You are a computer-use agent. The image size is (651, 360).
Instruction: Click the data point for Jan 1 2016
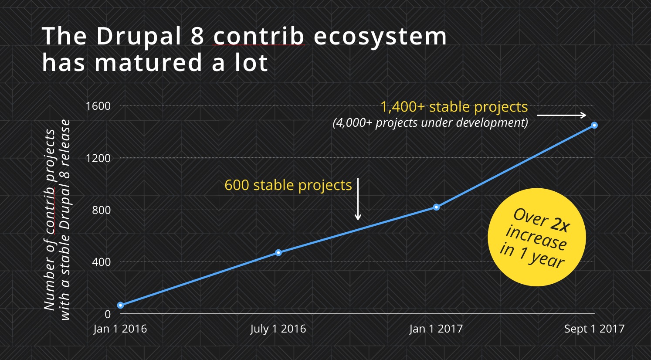(x=121, y=305)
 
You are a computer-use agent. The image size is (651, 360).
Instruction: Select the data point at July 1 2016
(x=278, y=252)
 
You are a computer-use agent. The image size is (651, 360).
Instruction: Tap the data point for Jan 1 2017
(x=436, y=207)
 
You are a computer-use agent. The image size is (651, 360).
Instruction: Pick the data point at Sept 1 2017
(x=594, y=125)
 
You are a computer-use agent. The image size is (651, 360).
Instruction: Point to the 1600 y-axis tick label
(x=98, y=106)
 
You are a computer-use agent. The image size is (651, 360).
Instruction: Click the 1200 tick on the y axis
(x=98, y=158)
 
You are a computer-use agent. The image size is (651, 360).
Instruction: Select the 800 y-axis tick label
(x=101, y=210)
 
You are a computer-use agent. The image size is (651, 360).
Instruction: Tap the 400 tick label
(x=101, y=262)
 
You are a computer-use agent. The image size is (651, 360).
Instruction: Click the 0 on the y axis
(x=108, y=314)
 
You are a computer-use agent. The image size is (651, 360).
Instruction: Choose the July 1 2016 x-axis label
(x=278, y=329)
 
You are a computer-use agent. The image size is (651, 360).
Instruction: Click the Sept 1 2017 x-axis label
(x=594, y=329)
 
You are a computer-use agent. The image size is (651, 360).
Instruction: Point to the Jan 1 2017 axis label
(x=436, y=329)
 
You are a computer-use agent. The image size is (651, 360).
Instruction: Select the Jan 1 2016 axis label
(x=120, y=329)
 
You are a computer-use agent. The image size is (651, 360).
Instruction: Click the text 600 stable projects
(x=288, y=185)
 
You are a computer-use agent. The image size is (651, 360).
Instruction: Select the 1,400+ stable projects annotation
(x=454, y=107)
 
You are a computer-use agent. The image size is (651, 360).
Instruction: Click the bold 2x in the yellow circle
(x=560, y=224)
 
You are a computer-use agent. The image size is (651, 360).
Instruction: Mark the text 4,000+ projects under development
(x=431, y=123)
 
